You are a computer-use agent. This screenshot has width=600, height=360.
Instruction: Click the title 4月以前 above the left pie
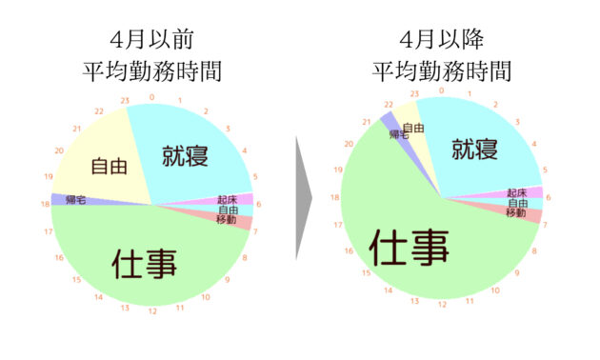(x=152, y=39)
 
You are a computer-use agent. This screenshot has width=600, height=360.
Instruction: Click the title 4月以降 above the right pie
(x=442, y=39)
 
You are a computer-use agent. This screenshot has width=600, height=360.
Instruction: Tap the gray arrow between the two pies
(x=304, y=198)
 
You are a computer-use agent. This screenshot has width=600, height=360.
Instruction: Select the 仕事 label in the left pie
(x=144, y=264)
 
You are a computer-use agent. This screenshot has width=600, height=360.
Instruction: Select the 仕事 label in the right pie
(x=409, y=248)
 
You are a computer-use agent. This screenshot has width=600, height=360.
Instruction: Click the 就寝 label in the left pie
(x=185, y=155)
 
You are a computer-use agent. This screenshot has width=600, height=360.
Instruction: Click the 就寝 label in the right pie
(x=475, y=149)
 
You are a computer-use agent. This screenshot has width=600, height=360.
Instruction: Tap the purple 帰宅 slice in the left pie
(x=76, y=199)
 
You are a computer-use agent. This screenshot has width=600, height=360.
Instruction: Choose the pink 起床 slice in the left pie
(x=230, y=199)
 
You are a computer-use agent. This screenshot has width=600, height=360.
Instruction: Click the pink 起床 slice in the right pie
(x=520, y=192)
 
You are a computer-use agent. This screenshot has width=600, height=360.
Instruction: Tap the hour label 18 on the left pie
(x=46, y=204)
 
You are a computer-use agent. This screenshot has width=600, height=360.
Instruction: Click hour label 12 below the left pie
(x=152, y=311)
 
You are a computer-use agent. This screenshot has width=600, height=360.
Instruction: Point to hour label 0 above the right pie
(x=442, y=90)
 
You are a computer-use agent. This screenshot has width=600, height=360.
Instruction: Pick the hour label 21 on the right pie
(x=367, y=122)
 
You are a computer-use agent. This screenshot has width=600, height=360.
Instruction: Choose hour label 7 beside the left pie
(x=255, y=231)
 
